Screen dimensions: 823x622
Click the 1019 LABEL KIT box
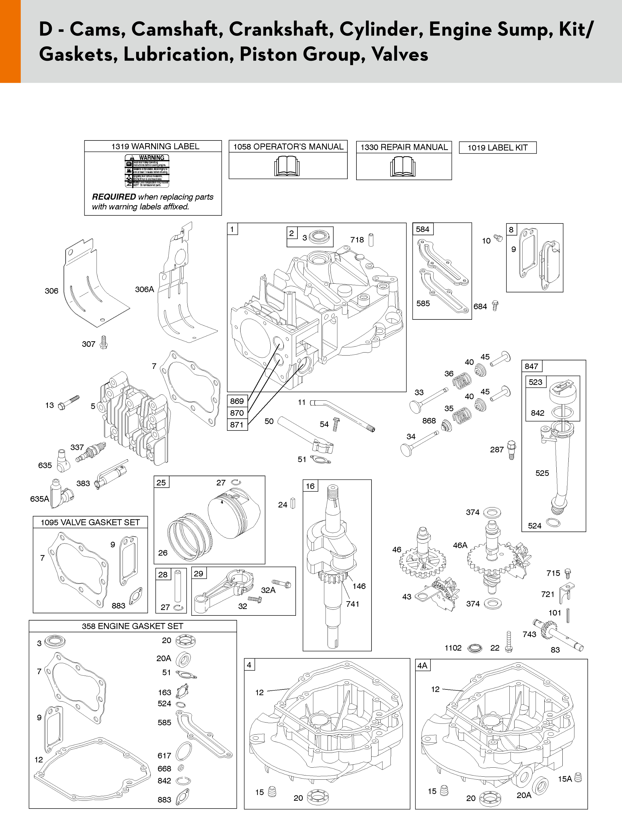tap(498, 148)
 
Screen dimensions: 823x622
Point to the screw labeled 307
tap(104, 342)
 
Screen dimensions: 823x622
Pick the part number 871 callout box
tap(237, 424)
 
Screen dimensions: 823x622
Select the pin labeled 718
tap(371, 240)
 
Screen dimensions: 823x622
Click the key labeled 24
tap(293, 504)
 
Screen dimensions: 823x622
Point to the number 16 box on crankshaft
tap(310, 486)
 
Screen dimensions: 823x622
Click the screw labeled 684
tap(495, 306)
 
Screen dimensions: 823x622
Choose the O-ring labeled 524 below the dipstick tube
tap(553, 523)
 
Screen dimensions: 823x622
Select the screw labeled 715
tap(568, 573)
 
